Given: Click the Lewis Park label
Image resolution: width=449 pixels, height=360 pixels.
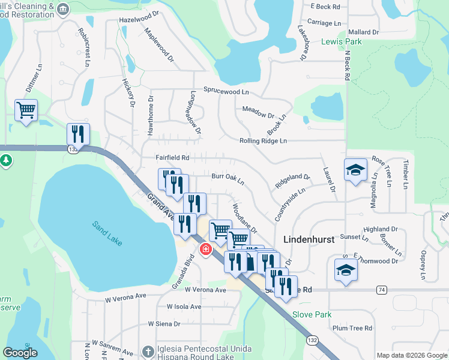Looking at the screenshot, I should click(x=342, y=42).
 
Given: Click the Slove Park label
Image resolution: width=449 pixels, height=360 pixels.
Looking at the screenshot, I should click(x=312, y=314).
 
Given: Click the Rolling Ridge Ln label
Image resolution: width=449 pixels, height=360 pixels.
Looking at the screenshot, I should click(x=263, y=141).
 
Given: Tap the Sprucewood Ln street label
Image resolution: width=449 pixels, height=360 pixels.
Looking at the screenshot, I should click(x=226, y=92).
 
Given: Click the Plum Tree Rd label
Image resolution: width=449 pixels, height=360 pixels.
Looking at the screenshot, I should click(x=352, y=328).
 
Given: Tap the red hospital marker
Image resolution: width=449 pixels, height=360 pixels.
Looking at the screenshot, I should click(x=205, y=249).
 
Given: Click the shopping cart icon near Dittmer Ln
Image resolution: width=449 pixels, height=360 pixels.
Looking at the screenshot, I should click(x=26, y=110).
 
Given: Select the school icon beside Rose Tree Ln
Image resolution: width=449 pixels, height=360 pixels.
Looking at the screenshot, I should click(x=355, y=170).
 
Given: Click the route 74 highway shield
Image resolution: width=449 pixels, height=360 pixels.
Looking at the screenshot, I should click(x=381, y=290).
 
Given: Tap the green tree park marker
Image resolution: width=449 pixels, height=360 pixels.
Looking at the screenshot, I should click(x=6, y=161).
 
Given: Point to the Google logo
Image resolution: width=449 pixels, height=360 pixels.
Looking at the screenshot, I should click(x=20, y=353).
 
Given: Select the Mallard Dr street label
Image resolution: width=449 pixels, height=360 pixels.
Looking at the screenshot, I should click(x=363, y=32).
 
